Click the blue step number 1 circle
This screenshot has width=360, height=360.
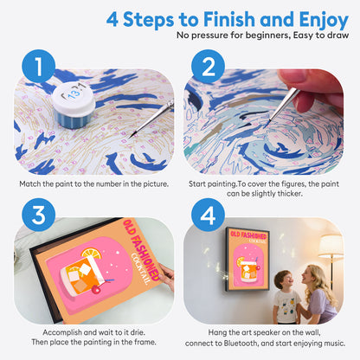tap(39, 66)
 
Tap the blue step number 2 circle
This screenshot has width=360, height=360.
tap(208, 66)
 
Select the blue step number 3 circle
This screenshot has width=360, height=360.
tap(39, 215)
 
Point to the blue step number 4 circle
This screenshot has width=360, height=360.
tap(208, 215)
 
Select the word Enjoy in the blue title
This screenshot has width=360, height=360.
tap(324, 20)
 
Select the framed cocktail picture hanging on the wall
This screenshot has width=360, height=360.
tap(247, 259)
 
